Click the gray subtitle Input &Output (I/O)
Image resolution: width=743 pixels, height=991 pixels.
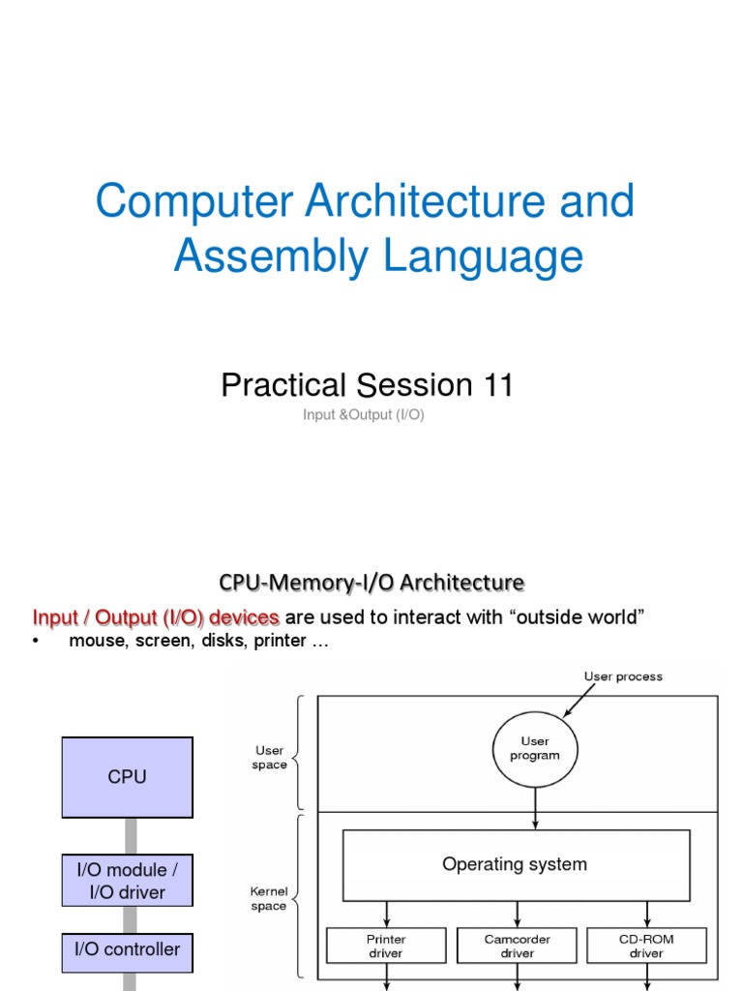[364, 415]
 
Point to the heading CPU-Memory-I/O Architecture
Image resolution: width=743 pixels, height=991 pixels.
[371, 582]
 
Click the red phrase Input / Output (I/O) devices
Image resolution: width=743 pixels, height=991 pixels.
[156, 617]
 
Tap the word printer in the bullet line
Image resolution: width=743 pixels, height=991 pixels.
[280, 642]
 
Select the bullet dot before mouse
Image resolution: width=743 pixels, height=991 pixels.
[36, 643]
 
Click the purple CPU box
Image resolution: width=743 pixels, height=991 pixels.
[127, 777]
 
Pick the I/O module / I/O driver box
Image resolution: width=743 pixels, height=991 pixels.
[127, 880]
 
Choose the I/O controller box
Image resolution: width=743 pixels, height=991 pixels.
[127, 949]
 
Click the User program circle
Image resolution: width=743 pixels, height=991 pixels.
[534, 748]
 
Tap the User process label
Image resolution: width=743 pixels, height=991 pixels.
[623, 676]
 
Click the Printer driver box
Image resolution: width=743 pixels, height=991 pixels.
[386, 946]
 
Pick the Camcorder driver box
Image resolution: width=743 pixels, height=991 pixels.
[517, 946]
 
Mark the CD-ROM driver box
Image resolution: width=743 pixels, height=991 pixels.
[646, 946]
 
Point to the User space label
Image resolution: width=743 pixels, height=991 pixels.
[270, 758]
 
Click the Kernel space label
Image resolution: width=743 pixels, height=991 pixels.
[268, 899]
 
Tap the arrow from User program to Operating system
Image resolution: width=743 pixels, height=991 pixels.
[534, 805]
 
